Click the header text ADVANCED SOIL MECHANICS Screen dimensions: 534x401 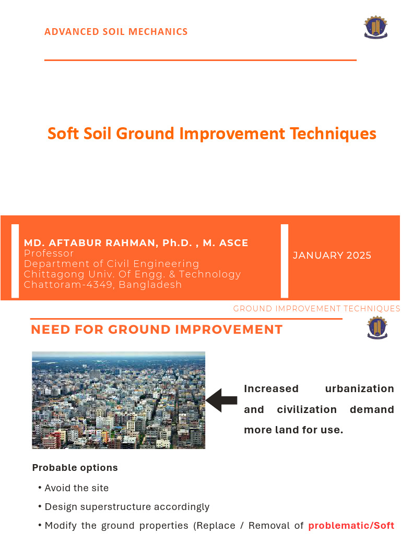pyautogui.click(x=116, y=32)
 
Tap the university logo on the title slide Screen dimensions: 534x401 pyautogui.click(x=375, y=28)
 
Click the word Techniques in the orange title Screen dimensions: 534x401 pyautogui.click(x=333, y=133)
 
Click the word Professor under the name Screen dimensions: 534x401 pyautogui.click(x=49, y=253)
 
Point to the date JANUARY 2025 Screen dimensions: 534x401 pyautogui.click(x=332, y=256)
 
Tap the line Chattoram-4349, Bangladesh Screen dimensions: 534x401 pyautogui.click(x=103, y=285)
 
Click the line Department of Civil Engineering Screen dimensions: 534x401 pyautogui.click(x=112, y=264)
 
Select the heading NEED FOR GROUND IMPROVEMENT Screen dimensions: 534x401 pyautogui.click(x=157, y=330)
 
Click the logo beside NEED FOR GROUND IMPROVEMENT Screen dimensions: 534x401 pyautogui.click(x=377, y=327)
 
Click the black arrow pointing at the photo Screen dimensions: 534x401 pyautogui.click(x=222, y=400)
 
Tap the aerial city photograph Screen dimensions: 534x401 pyautogui.click(x=119, y=400)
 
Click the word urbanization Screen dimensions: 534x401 pyautogui.click(x=359, y=389)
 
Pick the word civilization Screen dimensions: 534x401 pyautogui.click(x=307, y=409)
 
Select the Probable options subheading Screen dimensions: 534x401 pyautogui.click(x=75, y=468)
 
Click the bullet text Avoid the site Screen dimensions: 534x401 pyautogui.click(x=77, y=488)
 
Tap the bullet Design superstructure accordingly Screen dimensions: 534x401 pyautogui.click(x=127, y=507)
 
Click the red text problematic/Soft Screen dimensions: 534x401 pyautogui.click(x=351, y=526)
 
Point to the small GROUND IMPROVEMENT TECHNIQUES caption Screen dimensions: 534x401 pyautogui.click(x=316, y=309)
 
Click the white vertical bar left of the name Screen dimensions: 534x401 pyautogui.click(x=15, y=261)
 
